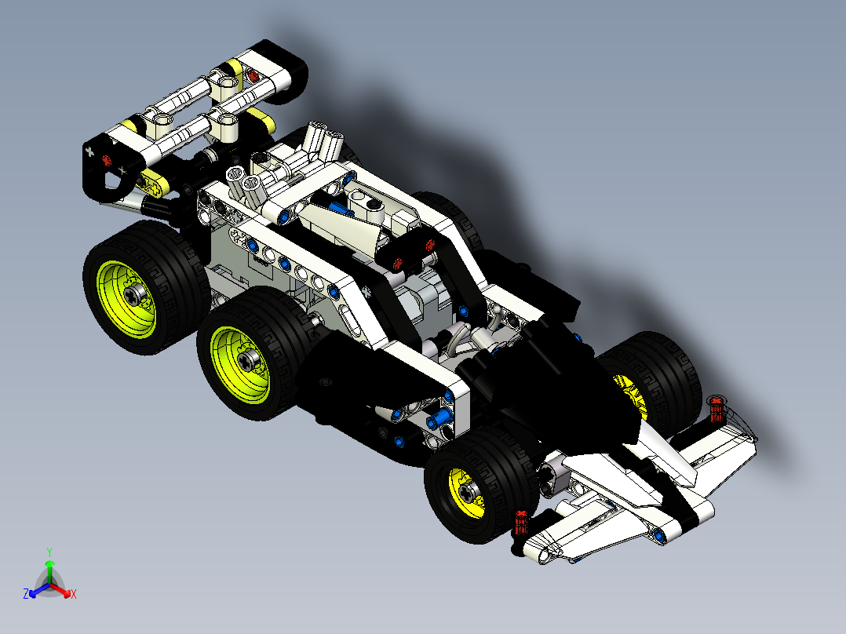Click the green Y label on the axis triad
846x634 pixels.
pyautogui.click(x=49, y=552)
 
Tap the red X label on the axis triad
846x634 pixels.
pyautogui.click(x=73, y=594)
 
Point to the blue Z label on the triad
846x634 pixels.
pyautogui.click(x=26, y=594)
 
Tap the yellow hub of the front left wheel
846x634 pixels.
pyautogui.click(x=469, y=492)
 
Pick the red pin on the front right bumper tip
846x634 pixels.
pyautogui.click(x=715, y=408)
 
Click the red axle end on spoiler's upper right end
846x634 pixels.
pyautogui.click(x=253, y=75)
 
